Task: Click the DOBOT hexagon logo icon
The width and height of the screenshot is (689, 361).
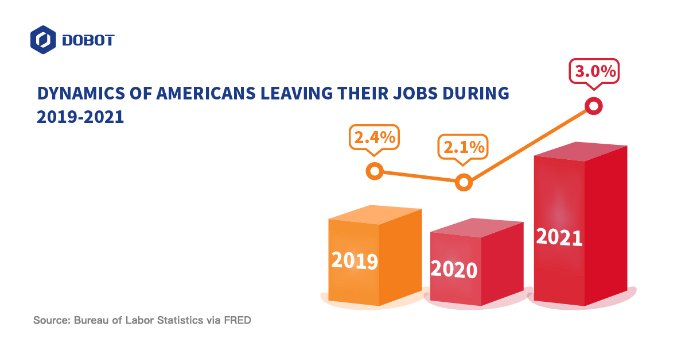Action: coord(43,40)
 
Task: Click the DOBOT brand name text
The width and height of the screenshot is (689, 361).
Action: coord(88,40)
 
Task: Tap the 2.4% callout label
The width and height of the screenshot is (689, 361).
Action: coord(374,138)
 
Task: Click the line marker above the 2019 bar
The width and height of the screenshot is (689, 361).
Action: coord(375,171)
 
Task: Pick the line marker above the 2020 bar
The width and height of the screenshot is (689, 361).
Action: coord(464,183)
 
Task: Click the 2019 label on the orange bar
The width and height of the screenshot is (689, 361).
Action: coord(355,261)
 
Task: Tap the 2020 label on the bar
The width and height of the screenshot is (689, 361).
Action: coord(454,269)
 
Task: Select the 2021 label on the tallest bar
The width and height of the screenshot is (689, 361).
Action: coord(559,237)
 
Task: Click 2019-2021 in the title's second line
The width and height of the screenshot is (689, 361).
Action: coord(80,117)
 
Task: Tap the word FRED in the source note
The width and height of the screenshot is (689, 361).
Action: coord(239,320)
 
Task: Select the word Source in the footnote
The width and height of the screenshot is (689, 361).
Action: coord(50,320)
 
